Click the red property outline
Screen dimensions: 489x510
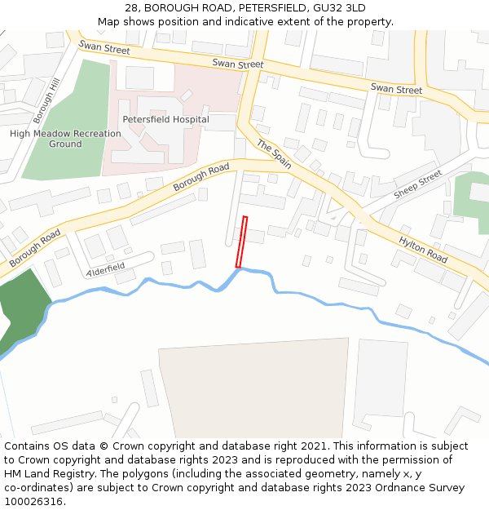tap(241, 242)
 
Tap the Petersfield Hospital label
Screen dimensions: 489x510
tap(165, 119)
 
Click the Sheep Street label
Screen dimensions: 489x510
tap(417, 185)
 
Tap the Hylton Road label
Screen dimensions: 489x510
tap(423, 249)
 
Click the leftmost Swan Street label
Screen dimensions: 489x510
tap(104, 51)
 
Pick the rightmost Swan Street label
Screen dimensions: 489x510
tap(396, 89)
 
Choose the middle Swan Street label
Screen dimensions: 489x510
tap(238, 64)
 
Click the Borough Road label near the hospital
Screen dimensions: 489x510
tap(201, 179)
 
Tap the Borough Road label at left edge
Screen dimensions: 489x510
tap(35, 249)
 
